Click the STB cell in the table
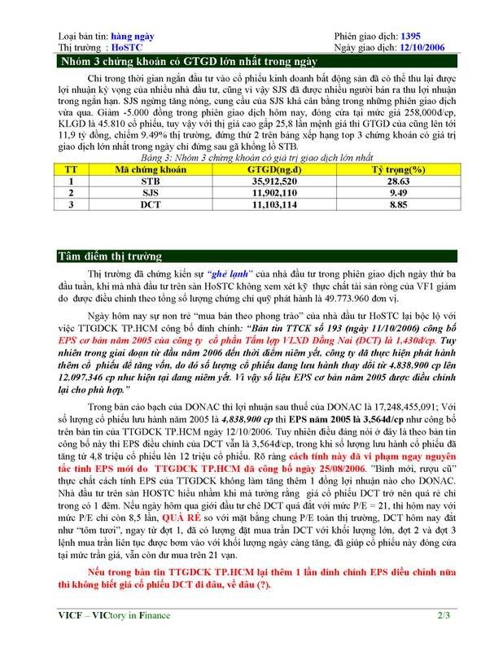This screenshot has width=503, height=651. [149, 181]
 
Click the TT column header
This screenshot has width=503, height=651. [70, 168]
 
